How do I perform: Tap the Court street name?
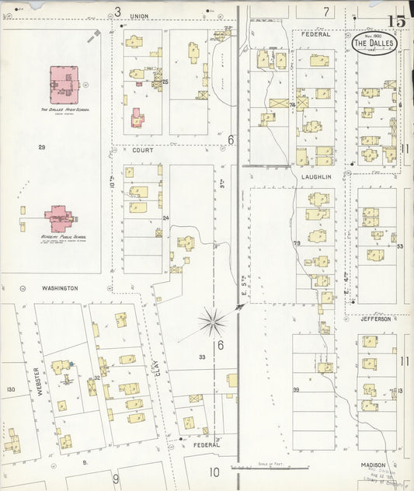[x=142, y=150]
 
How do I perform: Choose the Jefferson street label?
[x=376, y=319]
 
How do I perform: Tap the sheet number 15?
[x=396, y=21]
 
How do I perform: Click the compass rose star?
[x=211, y=320]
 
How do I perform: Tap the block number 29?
[x=41, y=147]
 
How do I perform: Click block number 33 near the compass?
[x=202, y=357]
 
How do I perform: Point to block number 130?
[x=10, y=389]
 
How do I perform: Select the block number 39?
[x=296, y=389]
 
